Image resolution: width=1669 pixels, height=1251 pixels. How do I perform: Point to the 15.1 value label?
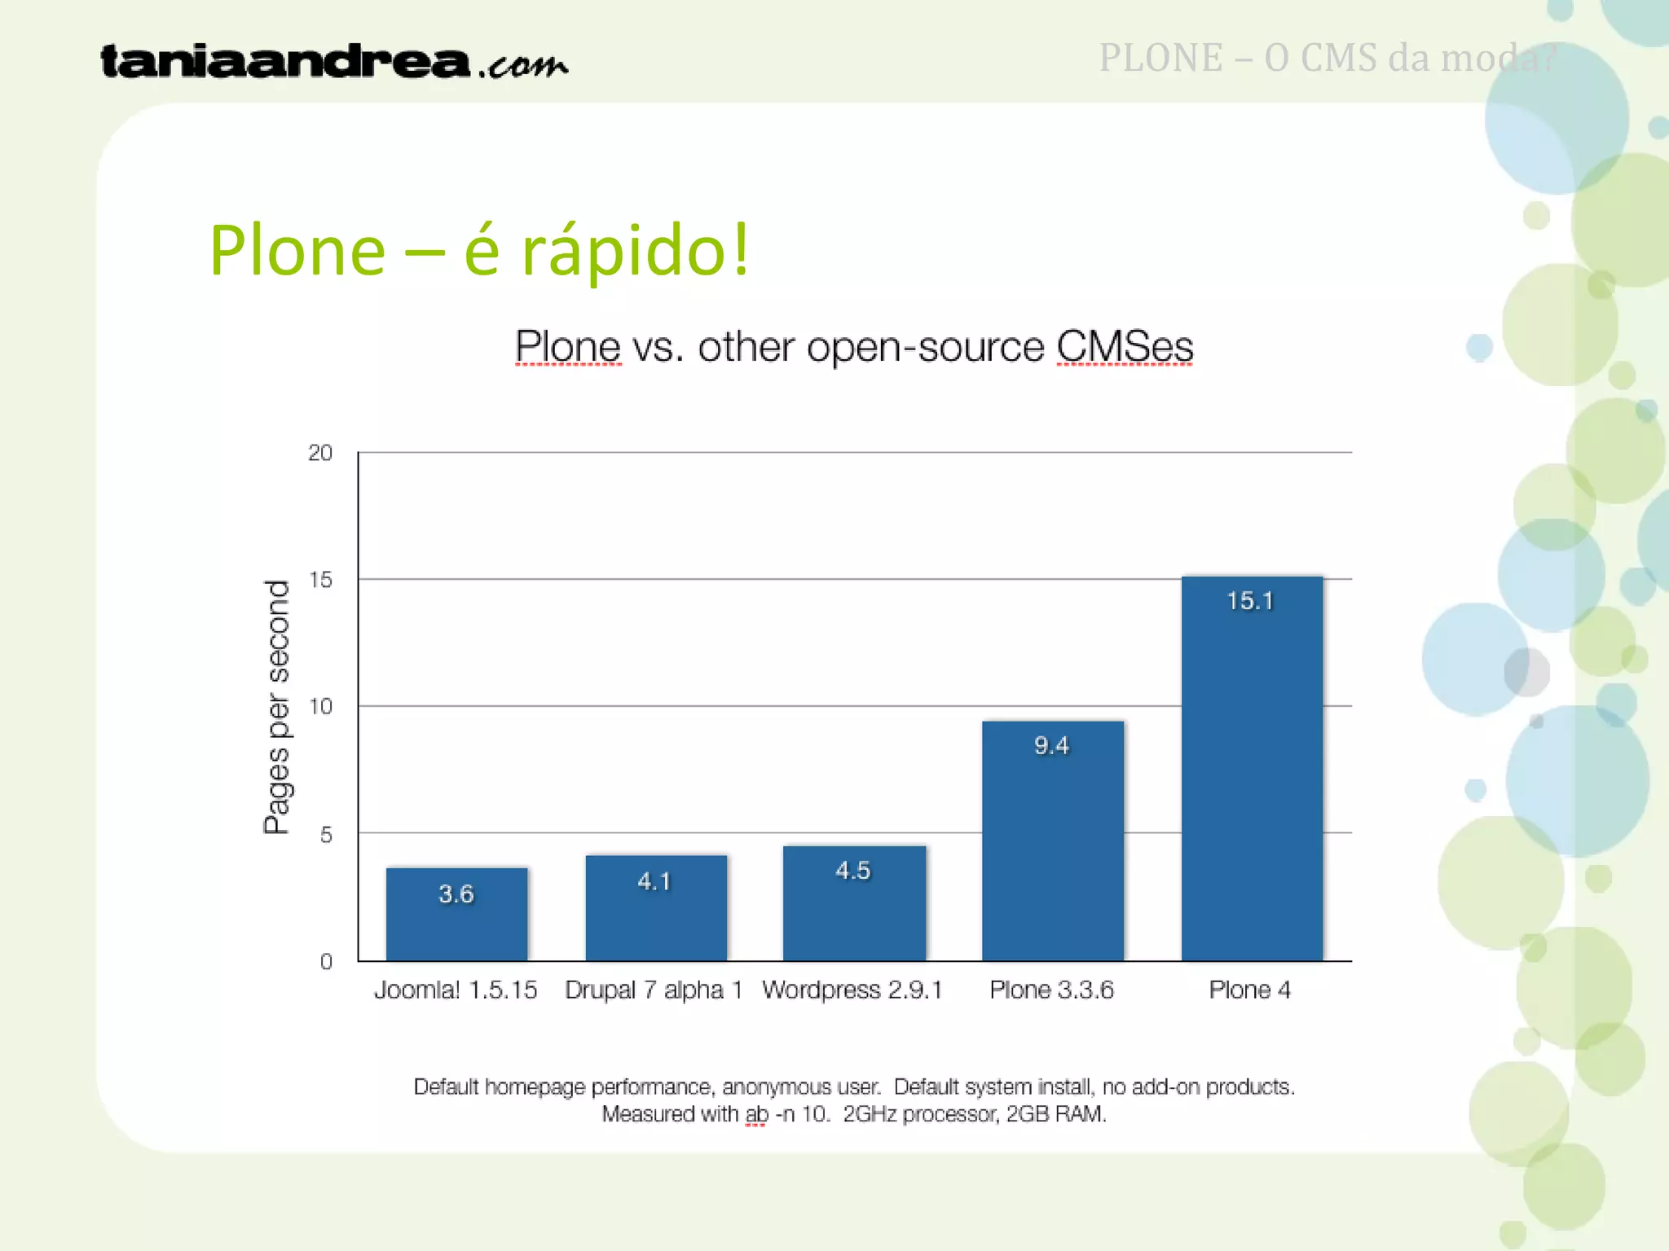point(1249,601)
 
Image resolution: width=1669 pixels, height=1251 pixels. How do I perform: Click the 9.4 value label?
point(1051,745)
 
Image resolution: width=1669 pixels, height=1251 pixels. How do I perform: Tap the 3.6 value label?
point(456,893)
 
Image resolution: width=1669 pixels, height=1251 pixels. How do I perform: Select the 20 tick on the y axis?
point(320,453)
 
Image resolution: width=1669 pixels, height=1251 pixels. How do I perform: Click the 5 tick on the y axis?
point(326,834)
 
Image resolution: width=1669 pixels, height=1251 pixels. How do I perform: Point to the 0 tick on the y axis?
point(326,962)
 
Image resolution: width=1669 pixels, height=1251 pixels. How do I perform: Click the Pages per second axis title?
point(277,707)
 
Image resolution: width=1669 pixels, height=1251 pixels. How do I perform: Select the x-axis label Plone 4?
point(1249,990)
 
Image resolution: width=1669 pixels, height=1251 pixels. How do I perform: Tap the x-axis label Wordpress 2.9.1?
point(852,990)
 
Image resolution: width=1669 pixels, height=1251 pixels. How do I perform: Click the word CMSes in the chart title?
point(1125,347)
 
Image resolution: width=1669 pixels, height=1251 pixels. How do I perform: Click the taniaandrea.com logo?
point(334,62)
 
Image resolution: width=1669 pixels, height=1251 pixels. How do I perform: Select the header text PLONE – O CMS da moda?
point(1328,58)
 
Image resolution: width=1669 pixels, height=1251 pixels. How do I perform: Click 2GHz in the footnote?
point(869,1114)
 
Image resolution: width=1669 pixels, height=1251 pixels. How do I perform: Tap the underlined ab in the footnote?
point(756,1114)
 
